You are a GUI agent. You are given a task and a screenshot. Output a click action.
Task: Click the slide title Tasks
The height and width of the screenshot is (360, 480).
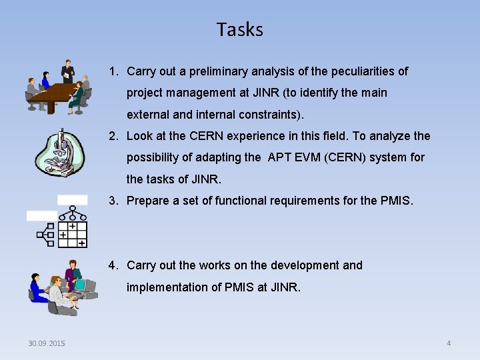point(239,30)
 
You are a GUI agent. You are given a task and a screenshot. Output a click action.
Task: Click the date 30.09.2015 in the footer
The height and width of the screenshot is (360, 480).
point(47,343)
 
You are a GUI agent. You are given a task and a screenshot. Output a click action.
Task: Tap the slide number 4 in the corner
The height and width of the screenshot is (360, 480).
point(449,343)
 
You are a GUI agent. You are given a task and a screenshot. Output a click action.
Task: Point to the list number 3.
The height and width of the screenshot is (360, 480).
point(113,201)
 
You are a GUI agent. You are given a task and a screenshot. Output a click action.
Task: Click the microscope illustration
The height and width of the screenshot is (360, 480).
point(61,153)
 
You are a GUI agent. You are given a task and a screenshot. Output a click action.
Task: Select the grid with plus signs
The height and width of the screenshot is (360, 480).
point(72,235)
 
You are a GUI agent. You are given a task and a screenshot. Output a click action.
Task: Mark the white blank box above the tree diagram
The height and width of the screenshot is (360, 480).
point(72,199)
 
